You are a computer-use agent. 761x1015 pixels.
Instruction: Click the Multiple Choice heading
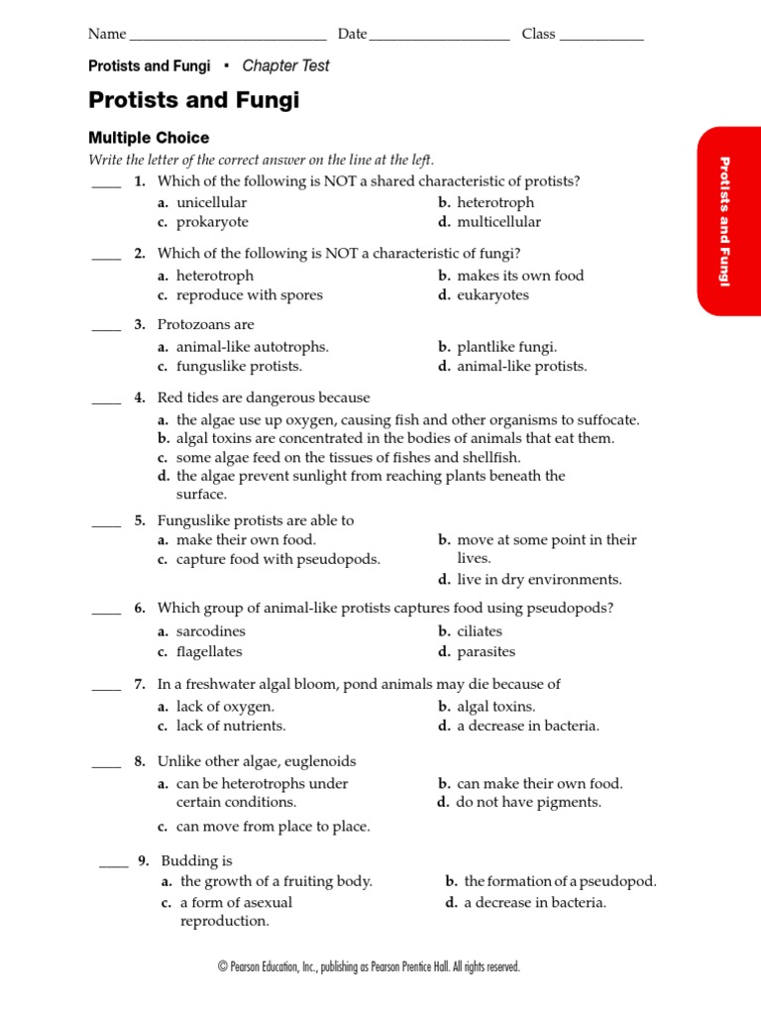[149, 138]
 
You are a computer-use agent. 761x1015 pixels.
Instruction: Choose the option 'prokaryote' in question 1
[212, 222]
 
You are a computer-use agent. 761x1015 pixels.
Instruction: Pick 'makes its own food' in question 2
[520, 276]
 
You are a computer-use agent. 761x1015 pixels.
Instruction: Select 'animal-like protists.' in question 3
[521, 366]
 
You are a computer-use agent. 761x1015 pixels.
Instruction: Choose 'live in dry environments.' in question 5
[539, 579]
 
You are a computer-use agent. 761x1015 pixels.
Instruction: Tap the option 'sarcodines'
[210, 631]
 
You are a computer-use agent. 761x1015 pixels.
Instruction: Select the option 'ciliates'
[480, 631]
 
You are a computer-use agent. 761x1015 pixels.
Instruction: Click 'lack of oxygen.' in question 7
[225, 707]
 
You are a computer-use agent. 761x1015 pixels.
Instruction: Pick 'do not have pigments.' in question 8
[528, 802]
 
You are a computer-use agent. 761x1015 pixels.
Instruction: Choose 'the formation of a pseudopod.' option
[560, 881]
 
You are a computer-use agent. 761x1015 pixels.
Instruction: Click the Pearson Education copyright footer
[369, 966]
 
